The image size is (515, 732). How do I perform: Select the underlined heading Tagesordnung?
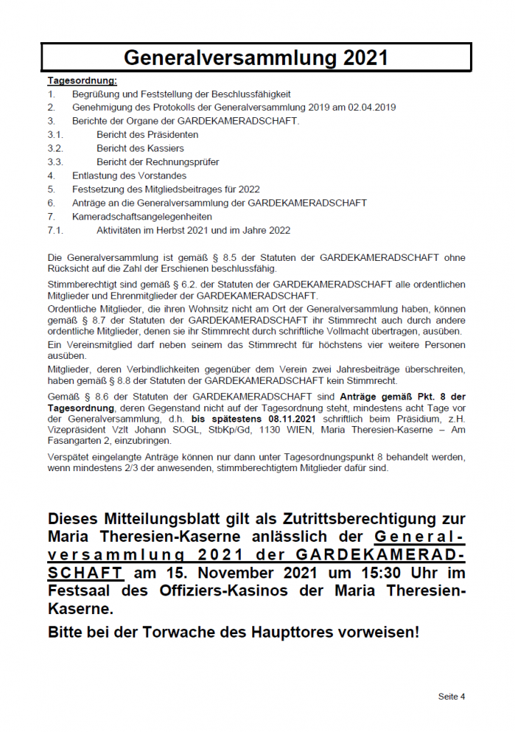click(x=82, y=81)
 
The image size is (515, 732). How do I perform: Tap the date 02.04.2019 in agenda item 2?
click(x=372, y=107)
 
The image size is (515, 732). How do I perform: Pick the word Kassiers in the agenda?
click(x=164, y=148)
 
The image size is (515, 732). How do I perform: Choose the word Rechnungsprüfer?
click(x=181, y=162)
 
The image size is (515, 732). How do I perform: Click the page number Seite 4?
click(x=451, y=696)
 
